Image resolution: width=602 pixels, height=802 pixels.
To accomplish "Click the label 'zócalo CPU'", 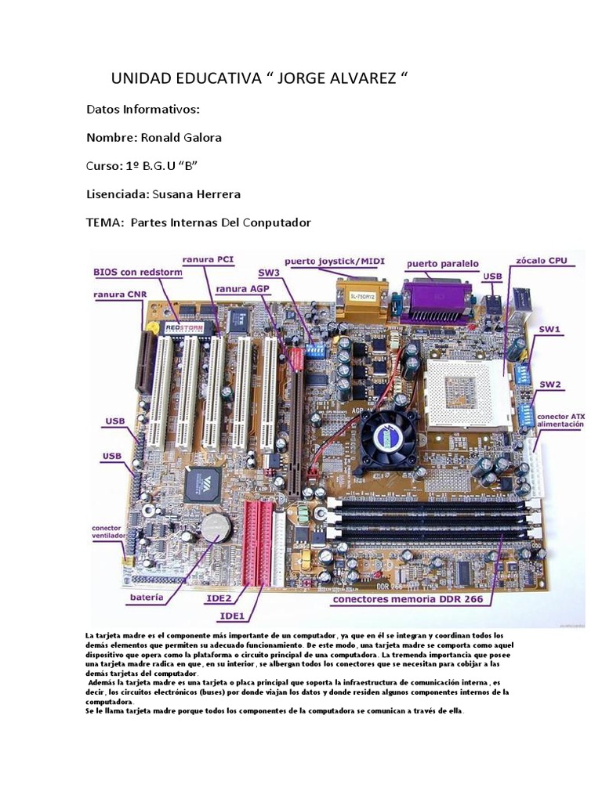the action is (547, 260).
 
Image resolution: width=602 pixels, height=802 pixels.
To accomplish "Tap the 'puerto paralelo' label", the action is (442, 264).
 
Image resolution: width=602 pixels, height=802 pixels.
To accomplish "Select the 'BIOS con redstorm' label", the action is (138, 272).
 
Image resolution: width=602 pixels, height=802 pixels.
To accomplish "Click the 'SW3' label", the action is (269, 272).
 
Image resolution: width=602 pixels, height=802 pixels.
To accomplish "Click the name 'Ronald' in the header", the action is (161, 138).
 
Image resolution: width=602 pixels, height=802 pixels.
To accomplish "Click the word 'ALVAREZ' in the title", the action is (357, 78).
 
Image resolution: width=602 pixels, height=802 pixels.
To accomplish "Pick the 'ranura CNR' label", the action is (120, 294).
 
